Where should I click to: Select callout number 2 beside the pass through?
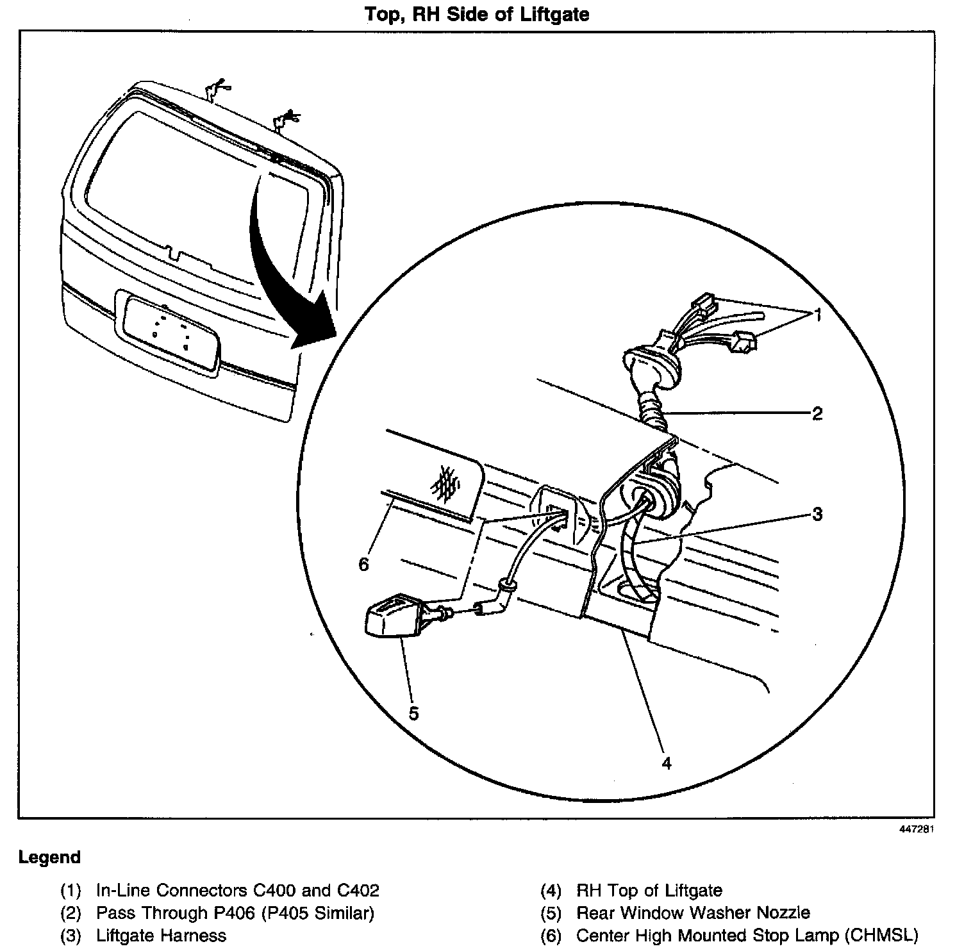pos(817,413)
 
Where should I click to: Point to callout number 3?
pos(817,514)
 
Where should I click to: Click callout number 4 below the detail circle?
pos(667,763)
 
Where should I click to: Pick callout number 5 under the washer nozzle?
pos(413,713)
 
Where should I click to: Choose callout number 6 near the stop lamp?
pos(364,565)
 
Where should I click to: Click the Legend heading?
pos(50,857)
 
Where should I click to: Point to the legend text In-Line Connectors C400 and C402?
pos(237,891)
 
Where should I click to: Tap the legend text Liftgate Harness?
pos(161,936)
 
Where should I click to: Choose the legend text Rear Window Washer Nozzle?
pos(693,913)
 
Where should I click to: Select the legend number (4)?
pos(551,891)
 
